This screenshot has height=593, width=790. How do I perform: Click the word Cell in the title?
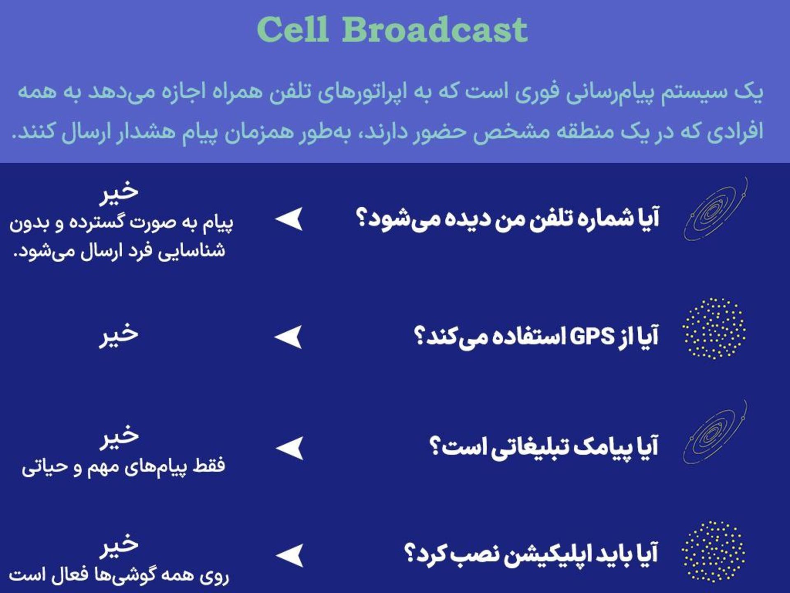[293, 30]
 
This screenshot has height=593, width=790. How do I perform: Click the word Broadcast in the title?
[434, 30]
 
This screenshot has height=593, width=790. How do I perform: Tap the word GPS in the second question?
[592, 337]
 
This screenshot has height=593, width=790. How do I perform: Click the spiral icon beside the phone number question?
[715, 210]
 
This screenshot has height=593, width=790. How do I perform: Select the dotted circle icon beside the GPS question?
[714, 329]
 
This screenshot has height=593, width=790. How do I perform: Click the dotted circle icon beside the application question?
[713, 552]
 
